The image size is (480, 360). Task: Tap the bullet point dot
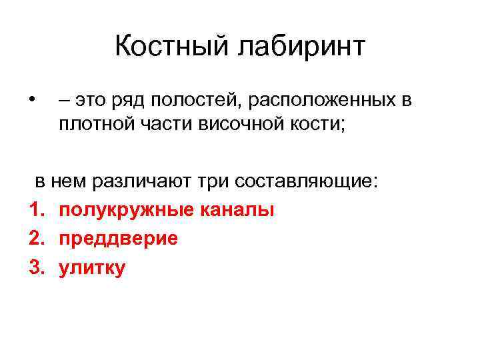click(32, 101)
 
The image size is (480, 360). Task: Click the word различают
click(137, 181)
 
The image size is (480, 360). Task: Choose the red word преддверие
click(118, 239)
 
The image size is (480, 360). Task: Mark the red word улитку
click(91, 268)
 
